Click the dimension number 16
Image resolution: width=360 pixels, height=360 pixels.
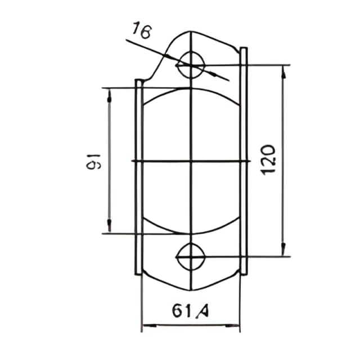click(142, 30)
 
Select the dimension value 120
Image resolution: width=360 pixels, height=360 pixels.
click(269, 160)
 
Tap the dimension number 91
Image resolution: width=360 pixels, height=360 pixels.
click(94, 161)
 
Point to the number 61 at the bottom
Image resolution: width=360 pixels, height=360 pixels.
click(181, 311)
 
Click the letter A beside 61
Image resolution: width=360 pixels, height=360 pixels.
click(203, 311)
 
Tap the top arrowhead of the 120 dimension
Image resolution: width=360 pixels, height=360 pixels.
click(284, 73)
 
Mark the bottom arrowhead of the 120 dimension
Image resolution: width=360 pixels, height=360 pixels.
click(284, 249)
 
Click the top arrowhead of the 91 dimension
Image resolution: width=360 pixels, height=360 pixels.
click(109, 96)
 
